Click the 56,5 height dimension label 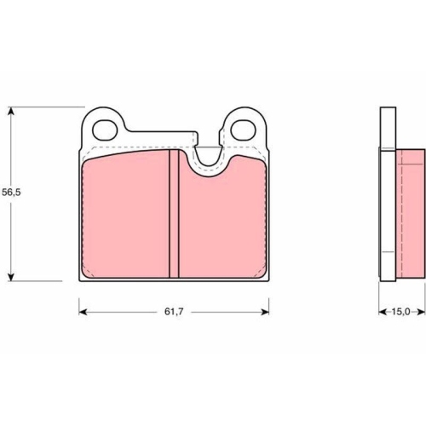point(11,193)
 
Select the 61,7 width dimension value point(174,312)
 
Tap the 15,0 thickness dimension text point(400,312)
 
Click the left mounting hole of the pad point(105,130)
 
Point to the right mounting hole point(244,130)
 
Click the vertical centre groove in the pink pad point(174,214)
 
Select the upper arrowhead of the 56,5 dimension point(11,111)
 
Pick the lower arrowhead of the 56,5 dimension point(11,277)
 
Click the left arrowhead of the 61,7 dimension point(83,312)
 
